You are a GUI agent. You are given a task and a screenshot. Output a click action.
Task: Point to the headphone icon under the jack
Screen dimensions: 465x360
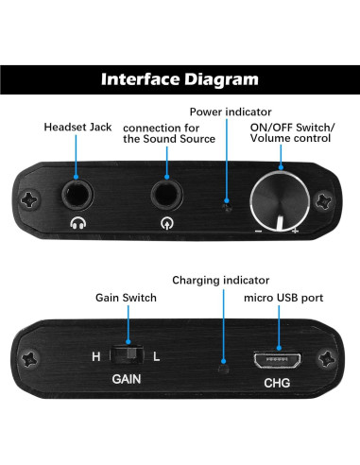click(77, 225)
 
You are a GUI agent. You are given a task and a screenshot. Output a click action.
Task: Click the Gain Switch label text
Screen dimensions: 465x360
click(126, 298)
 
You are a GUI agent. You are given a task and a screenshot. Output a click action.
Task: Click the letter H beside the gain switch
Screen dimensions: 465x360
click(95, 357)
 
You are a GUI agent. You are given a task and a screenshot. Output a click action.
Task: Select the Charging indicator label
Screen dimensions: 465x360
click(220, 281)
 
